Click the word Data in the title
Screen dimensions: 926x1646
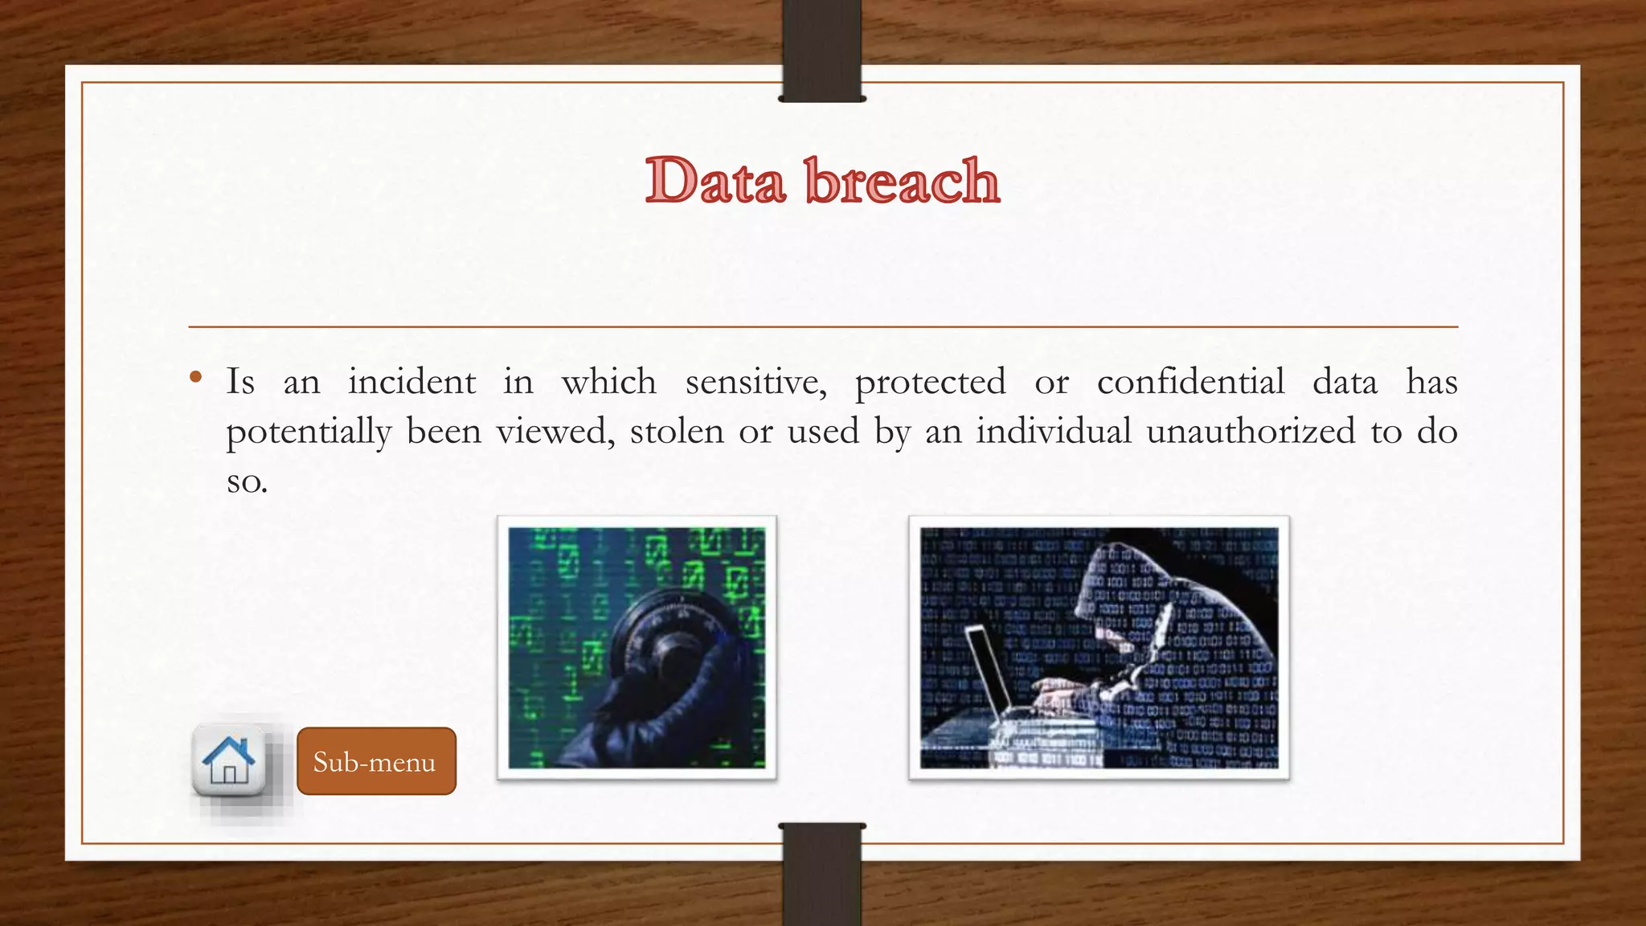click(x=714, y=180)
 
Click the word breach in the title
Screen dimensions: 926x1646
click(x=902, y=180)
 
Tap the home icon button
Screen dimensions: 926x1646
click(x=229, y=760)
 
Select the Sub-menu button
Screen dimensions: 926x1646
click(x=376, y=761)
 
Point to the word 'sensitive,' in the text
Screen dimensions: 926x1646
click(x=755, y=382)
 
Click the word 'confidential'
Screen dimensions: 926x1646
click(x=1190, y=382)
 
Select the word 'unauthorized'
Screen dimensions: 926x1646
click(x=1251, y=432)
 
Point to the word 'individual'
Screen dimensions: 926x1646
click(x=1054, y=432)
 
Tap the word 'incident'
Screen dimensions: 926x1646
click(x=411, y=382)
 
